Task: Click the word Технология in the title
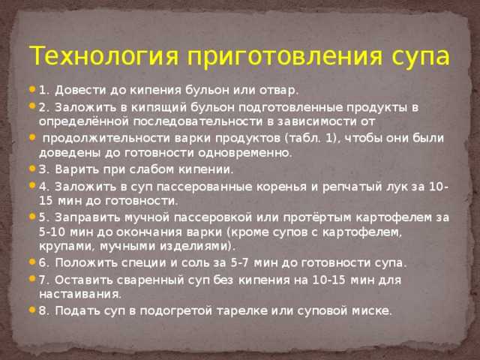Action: (103, 56)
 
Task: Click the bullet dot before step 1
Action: (32, 89)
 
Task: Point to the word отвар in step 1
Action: (278, 91)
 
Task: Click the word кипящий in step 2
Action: (159, 108)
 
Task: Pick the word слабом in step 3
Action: (151, 169)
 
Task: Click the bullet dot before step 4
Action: (32, 185)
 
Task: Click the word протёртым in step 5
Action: (317, 218)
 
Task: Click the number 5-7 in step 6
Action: (238, 262)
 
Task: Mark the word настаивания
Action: (80, 295)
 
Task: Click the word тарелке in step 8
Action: (242, 311)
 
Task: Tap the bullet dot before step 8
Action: (32, 310)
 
